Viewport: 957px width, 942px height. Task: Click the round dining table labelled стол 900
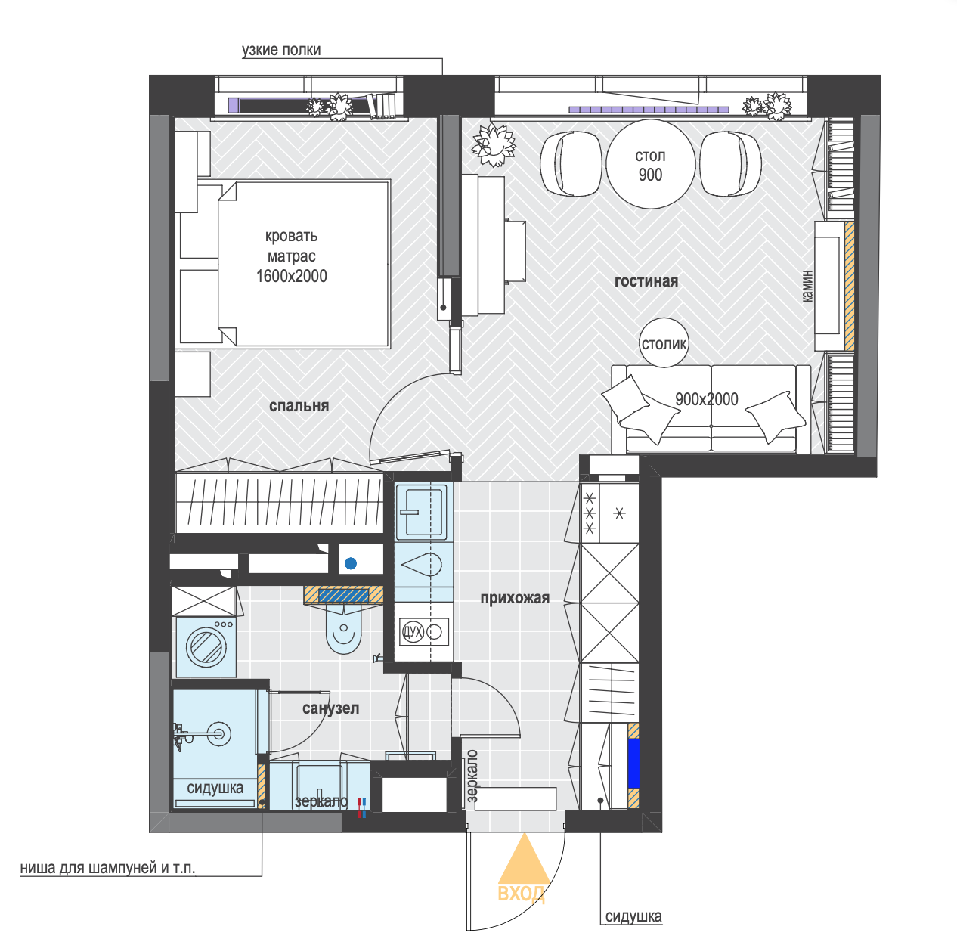[650, 164]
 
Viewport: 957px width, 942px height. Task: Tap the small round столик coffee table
[664, 342]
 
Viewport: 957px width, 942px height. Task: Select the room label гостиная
[646, 281]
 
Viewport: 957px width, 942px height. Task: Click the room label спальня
[299, 406]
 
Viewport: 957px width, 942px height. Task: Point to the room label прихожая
[515, 598]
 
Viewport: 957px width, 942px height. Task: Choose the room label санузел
[331, 708]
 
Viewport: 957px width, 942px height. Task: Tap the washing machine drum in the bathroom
[206, 646]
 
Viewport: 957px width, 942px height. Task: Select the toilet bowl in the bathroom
[344, 631]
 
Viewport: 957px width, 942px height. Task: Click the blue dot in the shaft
[351, 563]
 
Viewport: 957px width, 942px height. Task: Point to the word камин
[807, 287]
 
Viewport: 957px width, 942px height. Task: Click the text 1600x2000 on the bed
[292, 276]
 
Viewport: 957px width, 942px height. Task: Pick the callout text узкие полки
[281, 50]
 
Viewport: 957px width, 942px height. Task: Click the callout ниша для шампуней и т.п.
[108, 868]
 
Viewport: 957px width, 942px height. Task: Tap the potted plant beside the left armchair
[493, 144]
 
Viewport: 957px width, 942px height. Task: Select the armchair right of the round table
[730, 164]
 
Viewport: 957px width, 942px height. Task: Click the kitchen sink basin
[421, 511]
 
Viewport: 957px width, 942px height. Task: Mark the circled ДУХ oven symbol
[412, 632]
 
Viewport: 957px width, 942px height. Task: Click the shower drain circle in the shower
[218, 733]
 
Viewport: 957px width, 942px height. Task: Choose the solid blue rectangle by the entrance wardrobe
[633, 763]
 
